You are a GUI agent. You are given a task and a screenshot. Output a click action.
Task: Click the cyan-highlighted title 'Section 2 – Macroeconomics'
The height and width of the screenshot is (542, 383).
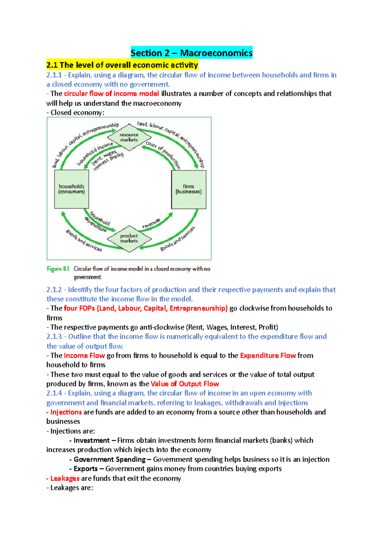coord(191,52)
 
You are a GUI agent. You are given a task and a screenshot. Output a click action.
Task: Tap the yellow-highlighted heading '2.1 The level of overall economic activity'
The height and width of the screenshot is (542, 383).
coord(122,65)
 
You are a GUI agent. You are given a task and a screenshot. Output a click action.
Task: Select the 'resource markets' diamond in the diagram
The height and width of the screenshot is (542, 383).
coord(129,137)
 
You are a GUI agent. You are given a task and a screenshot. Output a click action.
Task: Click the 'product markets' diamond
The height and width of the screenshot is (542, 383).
coord(129,238)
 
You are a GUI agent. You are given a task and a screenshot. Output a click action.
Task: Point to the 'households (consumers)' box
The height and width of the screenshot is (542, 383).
coord(71,189)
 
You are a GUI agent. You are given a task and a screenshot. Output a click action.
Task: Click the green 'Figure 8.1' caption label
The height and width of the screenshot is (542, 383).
coord(58,269)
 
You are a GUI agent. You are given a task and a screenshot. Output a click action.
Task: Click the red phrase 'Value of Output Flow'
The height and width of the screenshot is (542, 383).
coord(184,384)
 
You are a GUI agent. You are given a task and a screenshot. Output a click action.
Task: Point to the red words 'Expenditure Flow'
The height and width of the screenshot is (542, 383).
coord(268,356)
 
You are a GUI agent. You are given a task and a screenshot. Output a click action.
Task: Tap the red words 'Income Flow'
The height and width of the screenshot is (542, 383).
coord(84,356)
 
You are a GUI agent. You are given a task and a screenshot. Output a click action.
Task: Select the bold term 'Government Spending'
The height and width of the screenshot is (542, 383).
coord(109,459)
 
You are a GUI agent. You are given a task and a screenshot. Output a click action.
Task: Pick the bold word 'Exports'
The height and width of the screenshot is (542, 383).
coord(86,469)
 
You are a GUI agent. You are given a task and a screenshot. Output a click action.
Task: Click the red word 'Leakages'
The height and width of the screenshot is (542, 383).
coord(65,478)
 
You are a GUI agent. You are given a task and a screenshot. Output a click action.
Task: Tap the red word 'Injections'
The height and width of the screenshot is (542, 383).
coord(66,412)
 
